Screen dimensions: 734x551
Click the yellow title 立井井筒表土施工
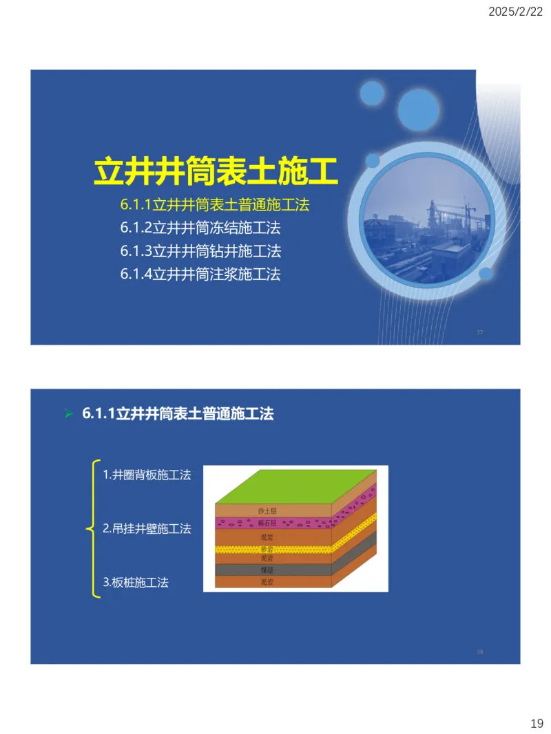[x=216, y=171]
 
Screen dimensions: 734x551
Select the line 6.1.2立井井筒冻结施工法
[x=200, y=227]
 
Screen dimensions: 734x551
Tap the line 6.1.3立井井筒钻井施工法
[x=200, y=250]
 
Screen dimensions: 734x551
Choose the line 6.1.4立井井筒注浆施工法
[x=200, y=274]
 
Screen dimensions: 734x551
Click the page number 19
[x=537, y=723]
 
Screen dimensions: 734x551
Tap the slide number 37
[x=480, y=333]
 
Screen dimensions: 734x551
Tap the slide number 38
[x=480, y=651]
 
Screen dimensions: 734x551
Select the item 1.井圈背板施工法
[x=147, y=475]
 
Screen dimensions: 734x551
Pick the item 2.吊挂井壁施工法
[x=147, y=529]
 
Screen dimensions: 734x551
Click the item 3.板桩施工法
[x=136, y=583]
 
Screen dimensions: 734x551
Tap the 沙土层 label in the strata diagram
[x=267, y=511]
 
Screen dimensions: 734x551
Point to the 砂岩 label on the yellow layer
[x=267, y=550]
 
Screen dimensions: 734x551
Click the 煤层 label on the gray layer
[x=267, y=570]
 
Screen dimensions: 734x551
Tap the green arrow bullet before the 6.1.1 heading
[x=68, y=414]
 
